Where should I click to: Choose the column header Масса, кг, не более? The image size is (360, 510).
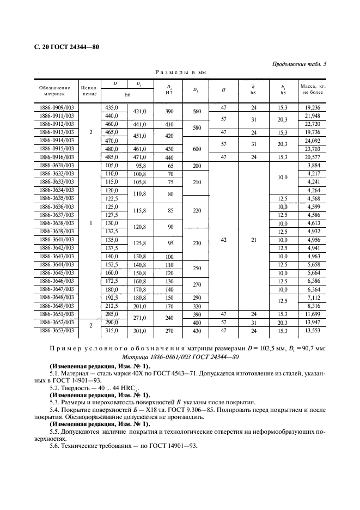coord(312,90)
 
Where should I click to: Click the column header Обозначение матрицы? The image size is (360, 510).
coord(54,90)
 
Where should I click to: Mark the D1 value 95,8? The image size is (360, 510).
coord(141,165)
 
